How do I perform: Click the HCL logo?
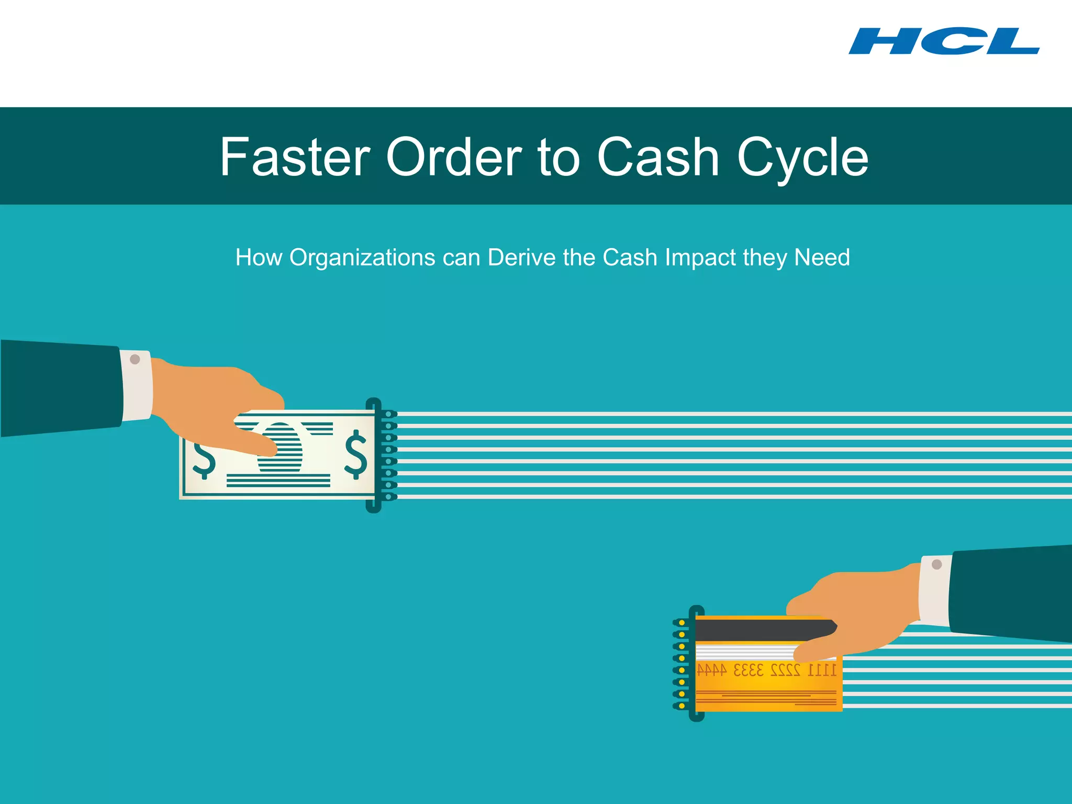click(944, 41)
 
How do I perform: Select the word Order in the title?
click(454, 157)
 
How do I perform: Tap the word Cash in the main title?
click(658, 157)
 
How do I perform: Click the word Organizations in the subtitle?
click(362, 258)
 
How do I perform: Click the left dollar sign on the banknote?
click(204, 460)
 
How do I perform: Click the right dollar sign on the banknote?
click(356, 454)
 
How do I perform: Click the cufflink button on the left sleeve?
click(135, 360)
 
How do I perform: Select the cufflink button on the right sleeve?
click(937, 564)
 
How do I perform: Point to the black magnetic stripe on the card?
click(759, 630)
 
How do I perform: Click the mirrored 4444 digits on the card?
click(712, 670)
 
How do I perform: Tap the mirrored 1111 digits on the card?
click(822, 670)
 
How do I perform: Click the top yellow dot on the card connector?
click(682, 623)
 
